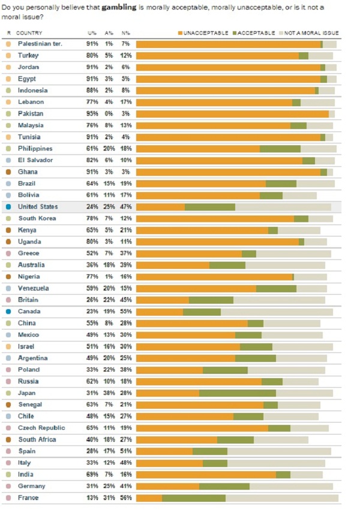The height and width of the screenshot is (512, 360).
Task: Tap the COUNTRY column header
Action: [x=29, y=32]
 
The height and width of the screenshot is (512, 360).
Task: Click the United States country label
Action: [x=37, y=206]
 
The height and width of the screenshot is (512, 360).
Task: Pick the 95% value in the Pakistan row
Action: [x=92, y=113]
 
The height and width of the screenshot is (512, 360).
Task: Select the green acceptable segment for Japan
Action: [x=237, y=393]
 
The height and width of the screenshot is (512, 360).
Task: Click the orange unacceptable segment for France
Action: [x=149, y=498]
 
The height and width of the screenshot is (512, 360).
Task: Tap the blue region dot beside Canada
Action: [x=8, y=312]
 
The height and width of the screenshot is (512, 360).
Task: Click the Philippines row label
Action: [x=35, y=148]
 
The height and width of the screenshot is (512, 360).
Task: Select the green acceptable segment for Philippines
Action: [x=280, y=148]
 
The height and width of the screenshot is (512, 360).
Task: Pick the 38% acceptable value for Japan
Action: [x=109, y=393]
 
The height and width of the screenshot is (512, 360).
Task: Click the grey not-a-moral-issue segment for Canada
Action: [x=277, y=312]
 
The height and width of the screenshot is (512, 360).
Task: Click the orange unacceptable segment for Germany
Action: [x=167, y=486]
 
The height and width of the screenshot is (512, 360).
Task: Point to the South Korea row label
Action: [x=36, y=218]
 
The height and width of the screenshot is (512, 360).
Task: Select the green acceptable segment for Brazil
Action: [x=281, y=184]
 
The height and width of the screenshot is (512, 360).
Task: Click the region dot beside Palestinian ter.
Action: [x=8, y=44]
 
